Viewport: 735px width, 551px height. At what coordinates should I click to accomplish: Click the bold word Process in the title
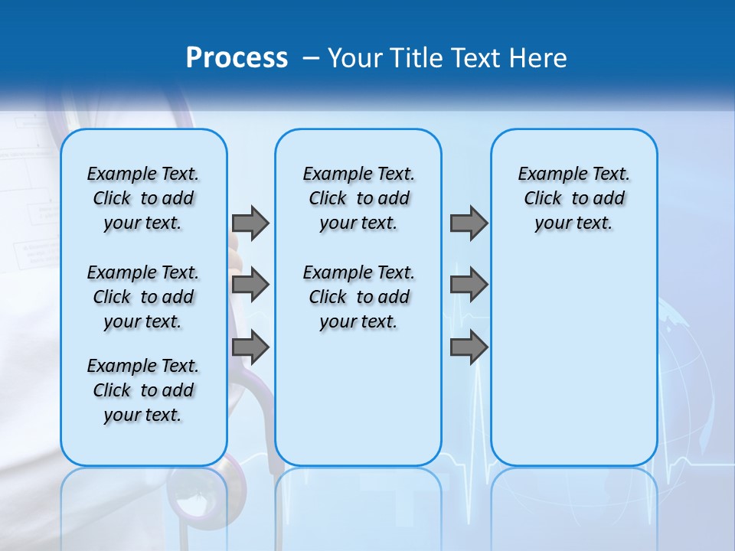tap(237, 58)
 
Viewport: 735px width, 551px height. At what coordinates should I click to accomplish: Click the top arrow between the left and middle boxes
tap(250, 223)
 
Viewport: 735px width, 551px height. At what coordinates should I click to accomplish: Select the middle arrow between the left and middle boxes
tap(250, 285)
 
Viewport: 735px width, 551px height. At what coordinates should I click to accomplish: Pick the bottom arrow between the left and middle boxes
tap(250, 347)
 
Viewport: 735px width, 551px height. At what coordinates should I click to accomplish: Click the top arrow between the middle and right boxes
tap(469, 223)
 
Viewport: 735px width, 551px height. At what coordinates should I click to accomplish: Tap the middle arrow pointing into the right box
tap(469, 285)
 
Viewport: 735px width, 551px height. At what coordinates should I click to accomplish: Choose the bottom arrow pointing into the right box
tap(469, 347)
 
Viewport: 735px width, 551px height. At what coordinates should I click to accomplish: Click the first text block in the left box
tap(143, 198)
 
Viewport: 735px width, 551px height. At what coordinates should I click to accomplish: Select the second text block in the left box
tap(143, 297)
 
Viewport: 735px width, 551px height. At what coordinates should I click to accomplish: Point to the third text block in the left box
tap(143, 390)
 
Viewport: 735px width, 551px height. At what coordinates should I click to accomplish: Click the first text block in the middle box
tap(358, 198)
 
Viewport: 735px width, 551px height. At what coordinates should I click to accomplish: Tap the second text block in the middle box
tap(358, 297)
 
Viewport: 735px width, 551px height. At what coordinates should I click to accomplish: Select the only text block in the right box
tap(573, 198)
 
